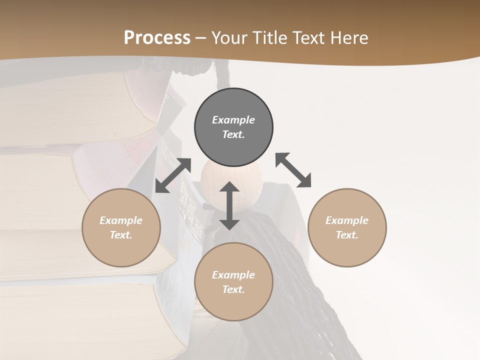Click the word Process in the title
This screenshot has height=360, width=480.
[x=157, y=38]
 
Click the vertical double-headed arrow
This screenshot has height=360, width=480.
[x=229, y=205]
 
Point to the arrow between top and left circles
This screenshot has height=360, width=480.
[x=173, y=175]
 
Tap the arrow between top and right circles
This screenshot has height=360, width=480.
[x=293, y=170]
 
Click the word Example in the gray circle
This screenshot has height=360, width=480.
[x=233, y=120]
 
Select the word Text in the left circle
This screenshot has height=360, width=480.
[x=121, y=235]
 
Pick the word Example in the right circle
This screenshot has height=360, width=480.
[x=347, y=220]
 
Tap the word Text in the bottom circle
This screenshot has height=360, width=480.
[x=233, y=289]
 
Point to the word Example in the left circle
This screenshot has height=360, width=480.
[x=121, y=220]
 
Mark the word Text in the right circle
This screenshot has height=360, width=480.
[x=347, y=235]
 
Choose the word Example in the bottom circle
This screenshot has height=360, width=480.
[x=233, y=275]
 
